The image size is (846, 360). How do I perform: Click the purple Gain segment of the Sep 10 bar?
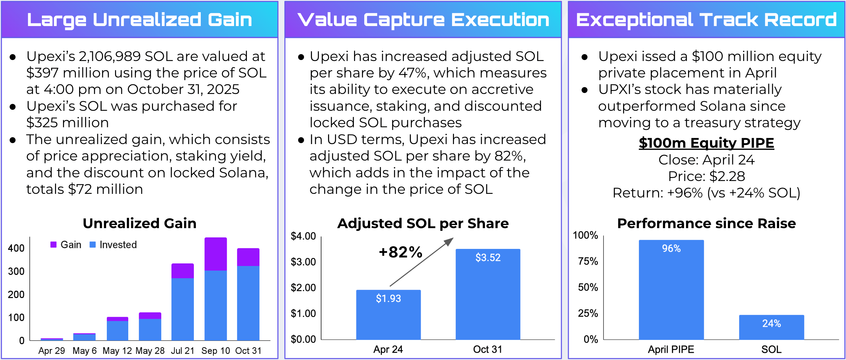click(215, 254)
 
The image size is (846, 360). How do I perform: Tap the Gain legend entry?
click(66, 245)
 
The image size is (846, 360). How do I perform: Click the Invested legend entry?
click(113, 245)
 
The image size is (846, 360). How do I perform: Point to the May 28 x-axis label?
click(150, 351)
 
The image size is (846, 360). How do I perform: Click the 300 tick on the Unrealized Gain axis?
click(16, 271)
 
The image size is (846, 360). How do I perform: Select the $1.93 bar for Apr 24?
click(388, 315)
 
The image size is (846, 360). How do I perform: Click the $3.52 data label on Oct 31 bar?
click(488, 257)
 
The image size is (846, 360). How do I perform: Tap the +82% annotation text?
click(401, 252)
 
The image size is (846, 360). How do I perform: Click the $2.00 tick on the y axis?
click(303, 287)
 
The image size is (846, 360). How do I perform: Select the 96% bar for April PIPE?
click(671, 290)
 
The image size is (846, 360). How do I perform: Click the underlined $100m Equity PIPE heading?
click(706, 143)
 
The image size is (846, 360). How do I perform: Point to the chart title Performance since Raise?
click(706, 223)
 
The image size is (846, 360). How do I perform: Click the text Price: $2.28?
click(706, 176)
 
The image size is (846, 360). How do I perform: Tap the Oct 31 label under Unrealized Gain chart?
click(248, 351)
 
